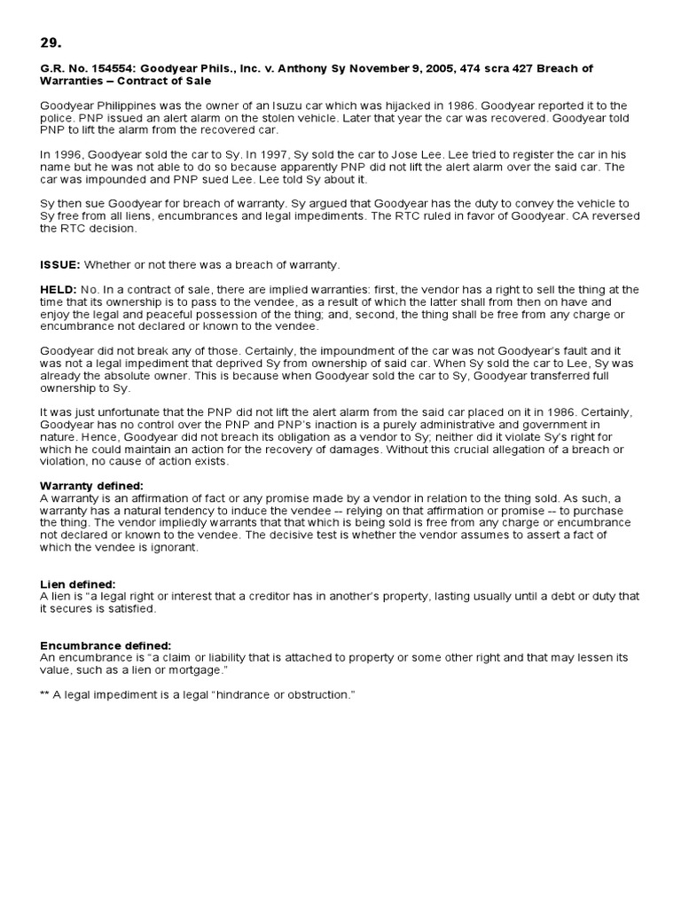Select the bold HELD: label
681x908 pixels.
point(59,290)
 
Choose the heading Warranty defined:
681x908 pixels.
point(91,486)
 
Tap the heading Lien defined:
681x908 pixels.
point(78,584)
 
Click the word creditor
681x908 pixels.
point(275,597)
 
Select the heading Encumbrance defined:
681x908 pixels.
point(106,646)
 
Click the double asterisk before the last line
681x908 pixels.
point(44,694)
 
